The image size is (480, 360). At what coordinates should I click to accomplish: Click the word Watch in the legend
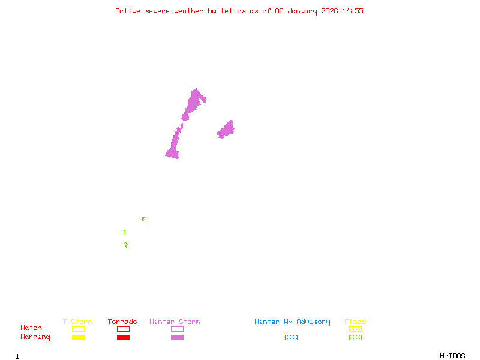click(31, 328)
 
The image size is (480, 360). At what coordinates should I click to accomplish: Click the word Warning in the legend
click(35, 337)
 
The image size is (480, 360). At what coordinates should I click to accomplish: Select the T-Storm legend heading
click(77, 322)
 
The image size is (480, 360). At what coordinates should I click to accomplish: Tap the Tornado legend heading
click(122, 322)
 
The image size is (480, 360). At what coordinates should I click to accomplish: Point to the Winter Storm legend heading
click(175, 322)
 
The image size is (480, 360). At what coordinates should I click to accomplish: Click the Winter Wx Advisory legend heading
click(292, 322)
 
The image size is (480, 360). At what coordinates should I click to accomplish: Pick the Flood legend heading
click(355, 322)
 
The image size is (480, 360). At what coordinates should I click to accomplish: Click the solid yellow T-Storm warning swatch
click(78, 338)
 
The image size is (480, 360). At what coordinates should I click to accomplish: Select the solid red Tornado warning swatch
click(123, 338)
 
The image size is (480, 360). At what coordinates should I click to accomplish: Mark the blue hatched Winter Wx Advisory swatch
click(291, 338)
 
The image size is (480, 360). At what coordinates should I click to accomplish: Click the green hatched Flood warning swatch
click(355, 338)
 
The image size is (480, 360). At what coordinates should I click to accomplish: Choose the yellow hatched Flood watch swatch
click(355, 329)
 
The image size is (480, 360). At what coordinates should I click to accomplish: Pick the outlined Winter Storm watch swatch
click(177, 329)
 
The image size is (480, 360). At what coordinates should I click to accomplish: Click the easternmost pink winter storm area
click(226, 130)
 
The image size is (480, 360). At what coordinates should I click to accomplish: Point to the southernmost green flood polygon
click(126, 245)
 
